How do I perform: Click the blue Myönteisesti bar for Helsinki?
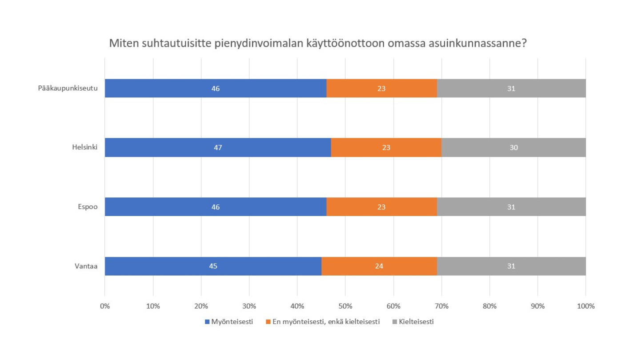[x=178, y=148]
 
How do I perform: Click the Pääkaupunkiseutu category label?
[x=68, y=88]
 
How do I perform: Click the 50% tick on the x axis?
[x=345, y=306]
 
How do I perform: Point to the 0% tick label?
[x=105, y=306]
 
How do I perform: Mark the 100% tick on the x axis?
[x=585, y=306]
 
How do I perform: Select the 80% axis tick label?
[x=489, y=306]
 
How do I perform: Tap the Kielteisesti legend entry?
[x=416, y=322]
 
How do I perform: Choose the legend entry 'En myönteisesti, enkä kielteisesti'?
[x=326, y=322]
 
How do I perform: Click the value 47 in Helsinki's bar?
[x=218, y=148]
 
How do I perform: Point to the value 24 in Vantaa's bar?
[x=379, y=266]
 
